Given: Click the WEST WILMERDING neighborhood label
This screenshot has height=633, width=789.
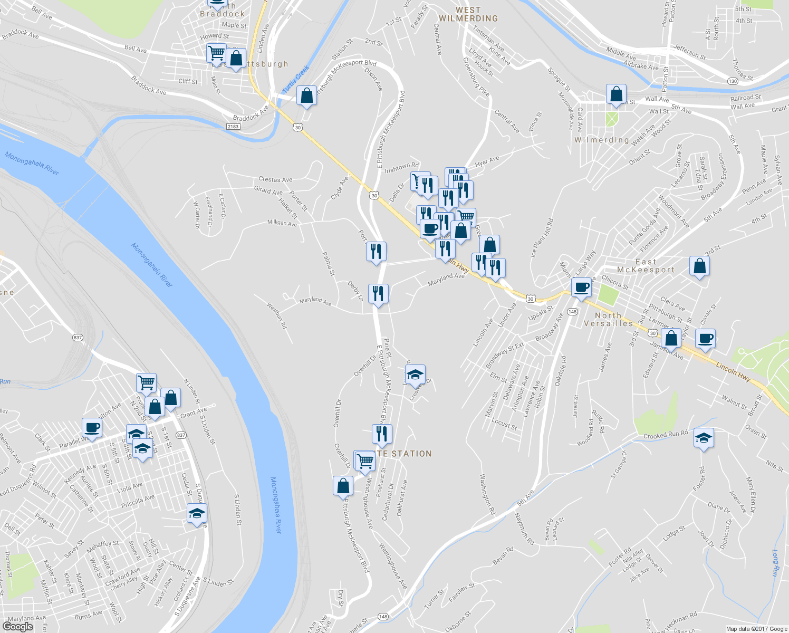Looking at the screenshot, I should point(468,14).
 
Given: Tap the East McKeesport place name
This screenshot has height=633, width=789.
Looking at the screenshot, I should point(646,266).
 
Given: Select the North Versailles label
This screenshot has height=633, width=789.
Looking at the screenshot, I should point(608,319).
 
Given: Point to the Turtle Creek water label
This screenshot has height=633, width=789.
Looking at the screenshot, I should point(296,79).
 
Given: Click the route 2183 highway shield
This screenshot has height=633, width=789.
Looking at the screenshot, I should point(233,127).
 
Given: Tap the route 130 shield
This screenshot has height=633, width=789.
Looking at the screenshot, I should point(732,81).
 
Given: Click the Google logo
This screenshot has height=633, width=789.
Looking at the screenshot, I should point(17,627).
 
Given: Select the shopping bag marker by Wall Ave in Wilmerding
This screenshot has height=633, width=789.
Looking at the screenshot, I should point(616,95).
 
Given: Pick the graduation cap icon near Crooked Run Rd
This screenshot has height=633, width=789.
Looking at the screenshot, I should point(704,438).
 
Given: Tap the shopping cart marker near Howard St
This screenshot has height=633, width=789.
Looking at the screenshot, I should point(216,54).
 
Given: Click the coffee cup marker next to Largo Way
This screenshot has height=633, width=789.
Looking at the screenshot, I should point(581,288).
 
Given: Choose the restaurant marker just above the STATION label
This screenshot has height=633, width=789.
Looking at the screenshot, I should point(382,434).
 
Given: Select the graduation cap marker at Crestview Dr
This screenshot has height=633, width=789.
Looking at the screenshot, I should point(415,375).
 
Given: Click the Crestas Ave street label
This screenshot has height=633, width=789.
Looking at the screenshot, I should point(275,180).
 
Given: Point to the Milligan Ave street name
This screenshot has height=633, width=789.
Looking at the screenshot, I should point(282,223).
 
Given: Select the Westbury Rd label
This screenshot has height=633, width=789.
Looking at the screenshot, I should point(276,315).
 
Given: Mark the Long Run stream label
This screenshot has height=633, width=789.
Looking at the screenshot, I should point(775,563).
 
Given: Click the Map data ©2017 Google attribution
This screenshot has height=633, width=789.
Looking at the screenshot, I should point(756,629).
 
